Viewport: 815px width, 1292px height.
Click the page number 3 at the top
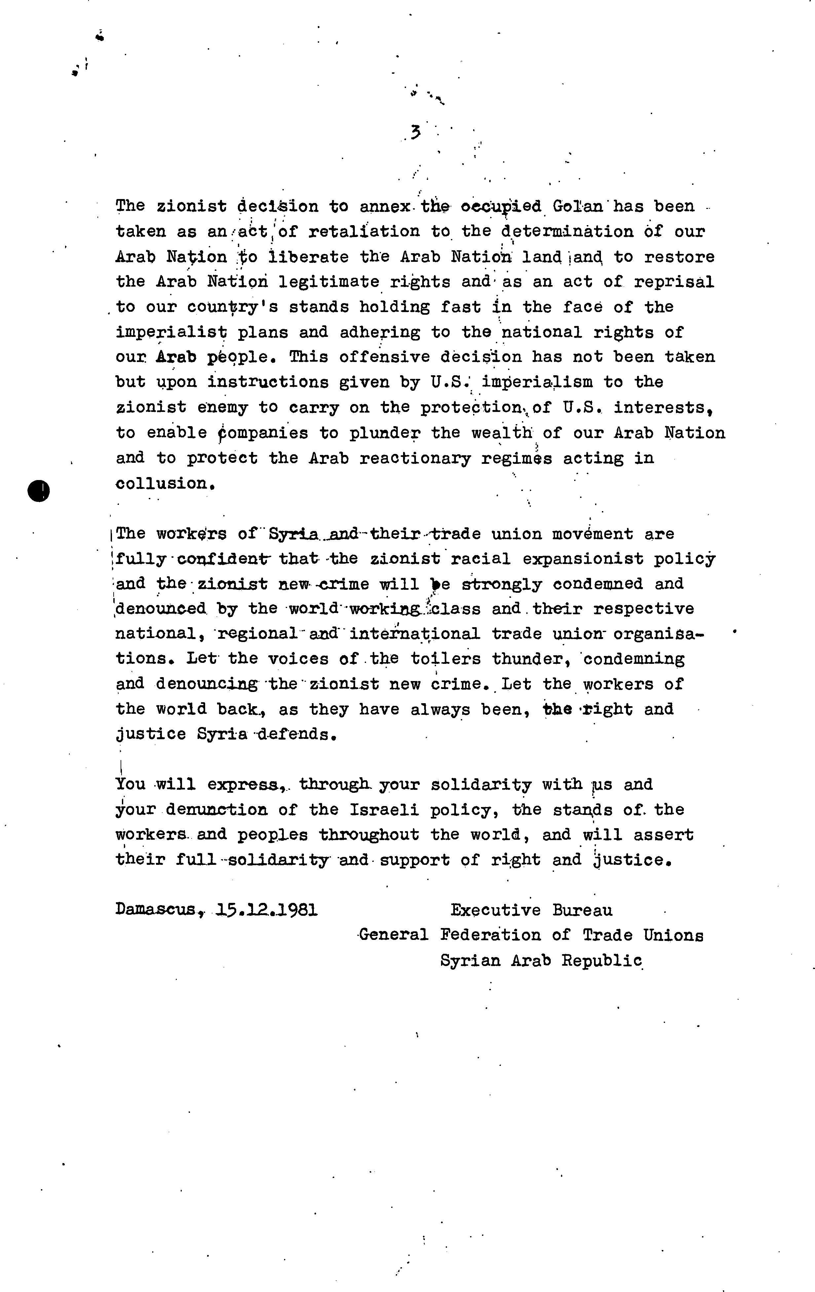pos(415,132)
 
